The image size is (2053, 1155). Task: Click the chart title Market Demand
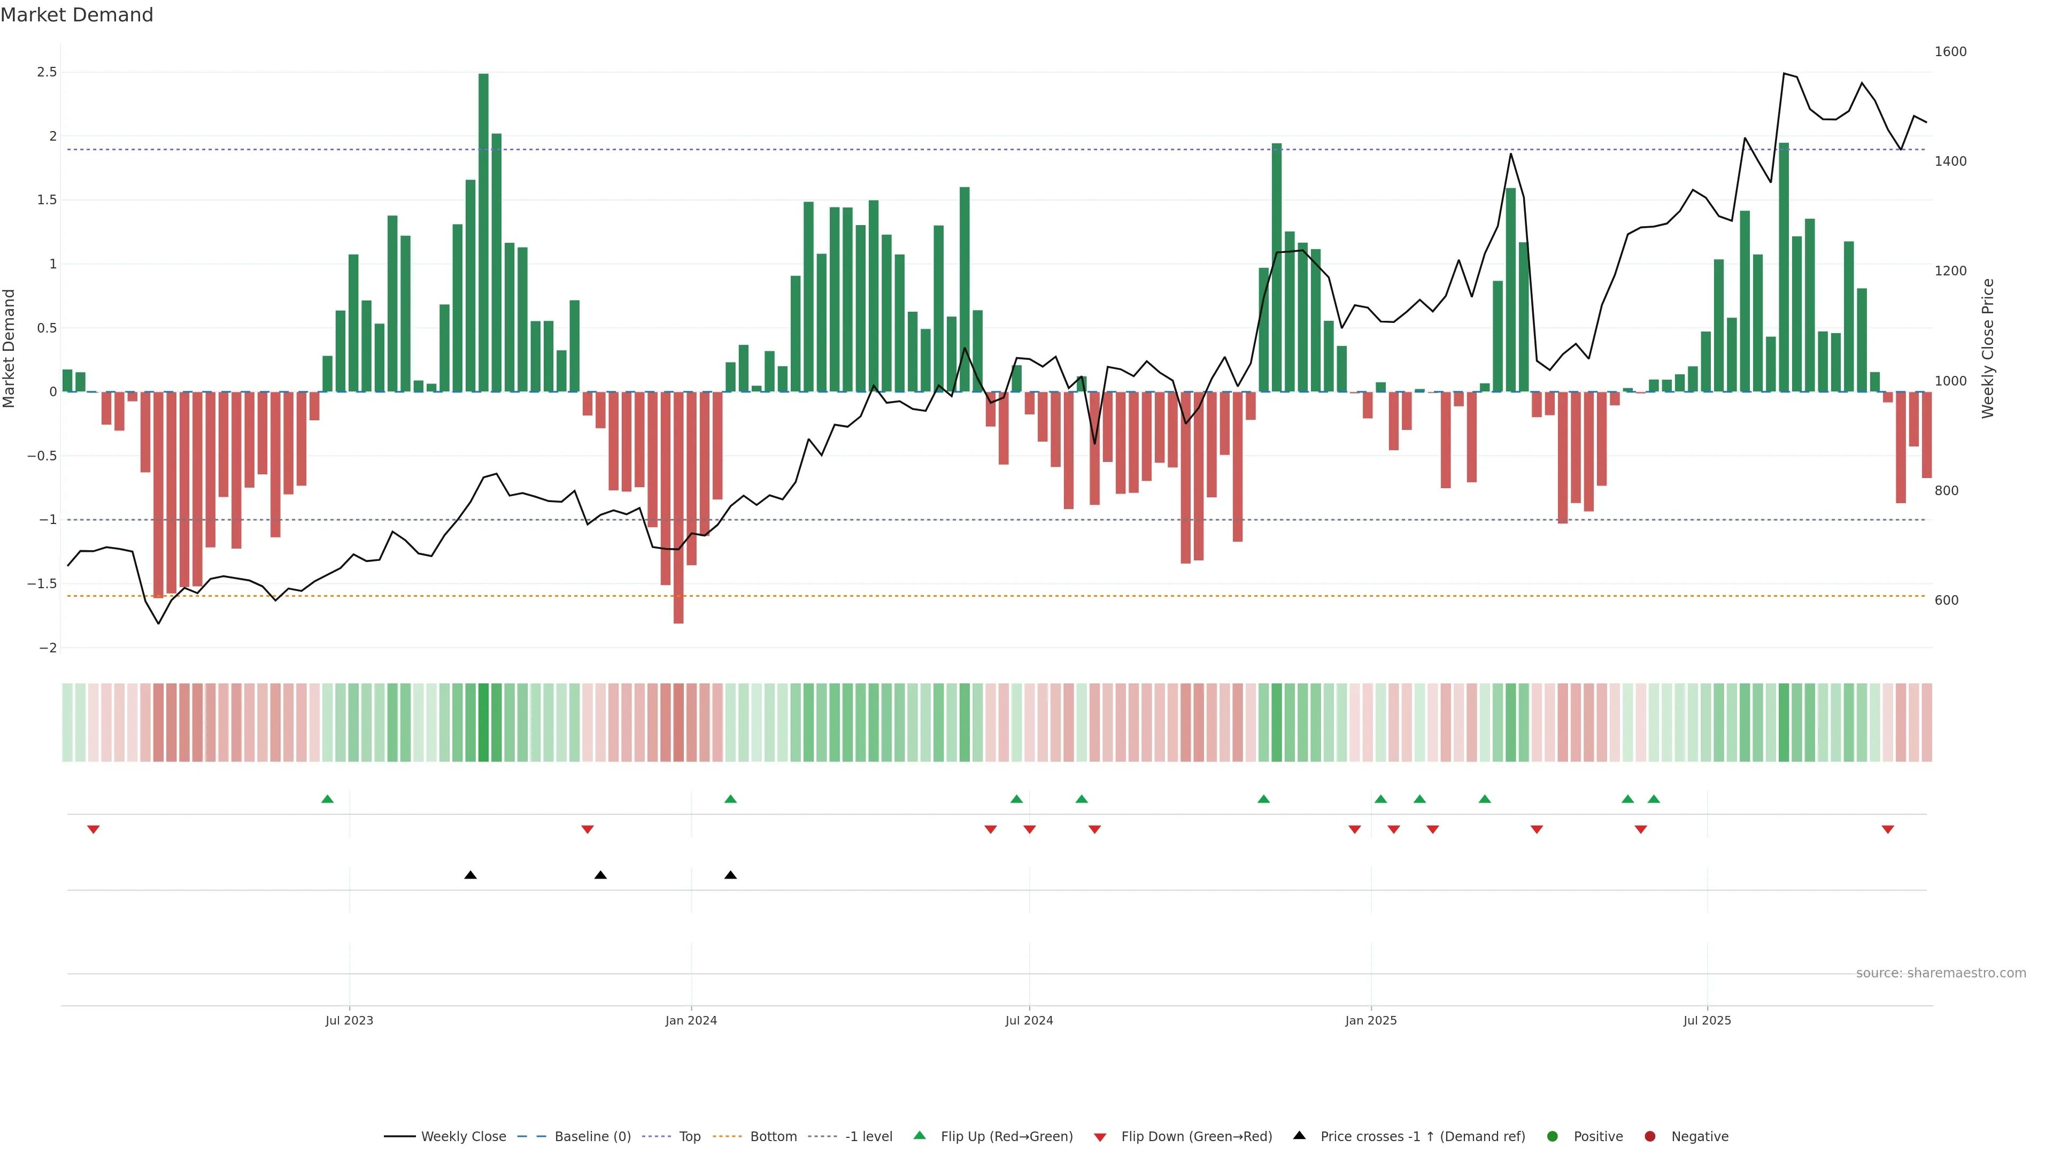pyautogui.click(x=76, y=15)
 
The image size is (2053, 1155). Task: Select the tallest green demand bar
pyautogui.click(x=483, y=231)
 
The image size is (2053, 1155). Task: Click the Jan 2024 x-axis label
pyautogui.click(x=691, y=1020)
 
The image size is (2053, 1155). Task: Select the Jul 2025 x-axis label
pyautogui.click(x=1707, y=1020)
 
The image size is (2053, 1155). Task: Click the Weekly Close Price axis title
pyautogui.click(x=1988, y=348)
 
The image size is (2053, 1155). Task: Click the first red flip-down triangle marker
pyautogui.click(x=93, y=830)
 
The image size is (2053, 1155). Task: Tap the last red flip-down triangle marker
pyautogui.click(x=1887, y=830)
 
